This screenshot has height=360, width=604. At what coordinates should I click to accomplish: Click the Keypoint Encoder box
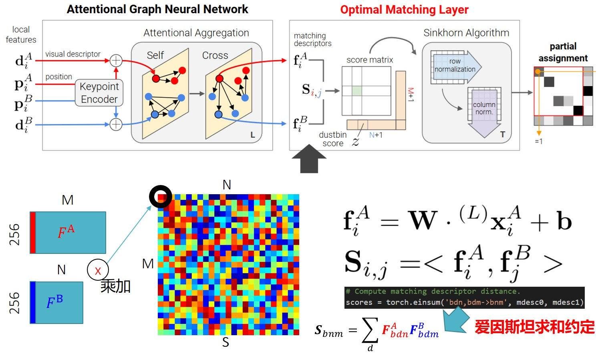pyautogui.click(x=99, y=93)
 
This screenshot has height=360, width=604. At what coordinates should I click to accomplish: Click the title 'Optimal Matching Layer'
pyautogui.click(x=404, y=10)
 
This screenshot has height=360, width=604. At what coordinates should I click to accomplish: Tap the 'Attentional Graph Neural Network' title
pyautogui.click(x=157, y=10)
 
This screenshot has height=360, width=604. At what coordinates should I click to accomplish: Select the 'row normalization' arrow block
pyautogui.click(x=455, y=66)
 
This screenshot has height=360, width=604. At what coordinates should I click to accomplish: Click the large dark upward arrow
pyautogui.click(x=309, y=159)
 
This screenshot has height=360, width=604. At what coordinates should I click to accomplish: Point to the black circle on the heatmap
pyautogui.click(x=161, y=197)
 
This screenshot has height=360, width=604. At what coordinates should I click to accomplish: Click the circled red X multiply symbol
pyautogui.click(x=98, y=270)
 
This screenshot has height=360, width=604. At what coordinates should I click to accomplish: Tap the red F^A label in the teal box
pyautogui.click(x=66, y=232)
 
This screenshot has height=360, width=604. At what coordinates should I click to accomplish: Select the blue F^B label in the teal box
pyautogui.click(x=54, y=302)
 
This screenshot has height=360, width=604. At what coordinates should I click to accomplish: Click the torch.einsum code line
pyautogui.click(x=464, y=302)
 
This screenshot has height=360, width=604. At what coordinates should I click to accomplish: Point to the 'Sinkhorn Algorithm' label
pyautogui.click(x=466, y=33)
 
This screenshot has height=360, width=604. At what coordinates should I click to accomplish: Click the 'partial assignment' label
pyautogui.click(x=563, y=52)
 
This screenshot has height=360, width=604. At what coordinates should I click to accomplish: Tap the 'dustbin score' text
pyautogui.click(x=333, y=139)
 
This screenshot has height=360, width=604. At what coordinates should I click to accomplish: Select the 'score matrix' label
pyautogui.click(x=370, y=60)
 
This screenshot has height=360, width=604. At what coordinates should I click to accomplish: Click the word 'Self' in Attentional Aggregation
pyautogui.click(x=155, y=55)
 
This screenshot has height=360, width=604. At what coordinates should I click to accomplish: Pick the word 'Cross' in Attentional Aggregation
pyautogui.click(x=215, y=55)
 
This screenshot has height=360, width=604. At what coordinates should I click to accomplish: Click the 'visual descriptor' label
pyautogui.click(x=73, y=54)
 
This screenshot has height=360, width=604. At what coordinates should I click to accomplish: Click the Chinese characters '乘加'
pyautogui.click(x=115, y=286)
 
